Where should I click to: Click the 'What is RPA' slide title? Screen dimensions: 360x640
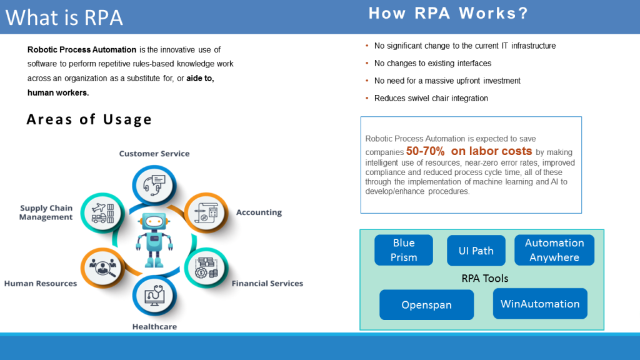tap(64, 17)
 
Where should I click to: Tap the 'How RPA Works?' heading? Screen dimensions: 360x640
tap(448, 13)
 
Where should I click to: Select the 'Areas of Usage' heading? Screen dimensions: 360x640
tap(89, 119)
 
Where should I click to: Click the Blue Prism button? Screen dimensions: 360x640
tap(404, 250)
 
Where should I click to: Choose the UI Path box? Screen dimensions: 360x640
tap(476, 251)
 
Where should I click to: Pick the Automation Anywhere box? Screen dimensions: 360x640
tap(554, 250)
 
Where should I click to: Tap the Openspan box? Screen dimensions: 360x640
tap(426, 305)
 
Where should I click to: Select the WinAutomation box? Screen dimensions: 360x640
tap(540, 304)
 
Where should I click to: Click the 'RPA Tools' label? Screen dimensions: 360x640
tap(485, 278)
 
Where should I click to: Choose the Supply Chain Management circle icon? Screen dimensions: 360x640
tap(101, 212)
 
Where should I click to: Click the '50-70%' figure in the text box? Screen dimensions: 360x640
tap(425, 151)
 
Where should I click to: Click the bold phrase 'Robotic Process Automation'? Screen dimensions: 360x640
tap(82, 49)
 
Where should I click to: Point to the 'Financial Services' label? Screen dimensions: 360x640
tap(267, 283)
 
